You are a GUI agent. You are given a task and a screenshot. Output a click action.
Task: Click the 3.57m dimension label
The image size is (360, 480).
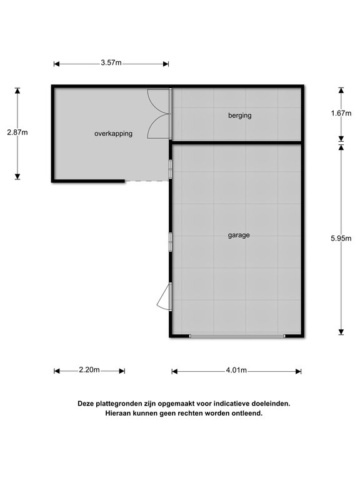(111, 63)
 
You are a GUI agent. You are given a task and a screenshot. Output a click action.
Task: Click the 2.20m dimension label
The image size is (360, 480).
(89, 370)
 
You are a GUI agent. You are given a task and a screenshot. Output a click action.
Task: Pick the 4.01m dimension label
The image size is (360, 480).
(236, 371)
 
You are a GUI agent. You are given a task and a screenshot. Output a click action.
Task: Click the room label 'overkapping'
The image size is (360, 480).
(113, 133)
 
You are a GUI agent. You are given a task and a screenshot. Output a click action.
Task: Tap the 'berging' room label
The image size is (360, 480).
(239, 116)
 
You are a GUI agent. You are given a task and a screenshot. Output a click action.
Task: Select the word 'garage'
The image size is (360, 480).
(239, 236)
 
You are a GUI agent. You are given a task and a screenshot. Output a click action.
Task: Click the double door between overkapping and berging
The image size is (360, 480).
(159, 114)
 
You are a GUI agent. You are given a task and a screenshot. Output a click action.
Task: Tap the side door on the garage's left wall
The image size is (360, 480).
(164, 296)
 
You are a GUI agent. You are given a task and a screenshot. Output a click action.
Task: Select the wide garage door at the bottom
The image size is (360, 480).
(237, 336)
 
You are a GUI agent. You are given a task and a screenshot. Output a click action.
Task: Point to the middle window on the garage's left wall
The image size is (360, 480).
(170, 241)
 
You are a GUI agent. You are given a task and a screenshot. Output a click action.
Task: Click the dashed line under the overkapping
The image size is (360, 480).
(147, 181)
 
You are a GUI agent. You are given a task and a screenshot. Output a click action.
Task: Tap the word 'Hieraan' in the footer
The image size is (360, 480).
(119, 414)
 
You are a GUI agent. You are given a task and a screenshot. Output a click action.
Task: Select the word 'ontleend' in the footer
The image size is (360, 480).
(246, 414)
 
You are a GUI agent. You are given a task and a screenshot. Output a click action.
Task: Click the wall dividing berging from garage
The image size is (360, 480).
(236, 143)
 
